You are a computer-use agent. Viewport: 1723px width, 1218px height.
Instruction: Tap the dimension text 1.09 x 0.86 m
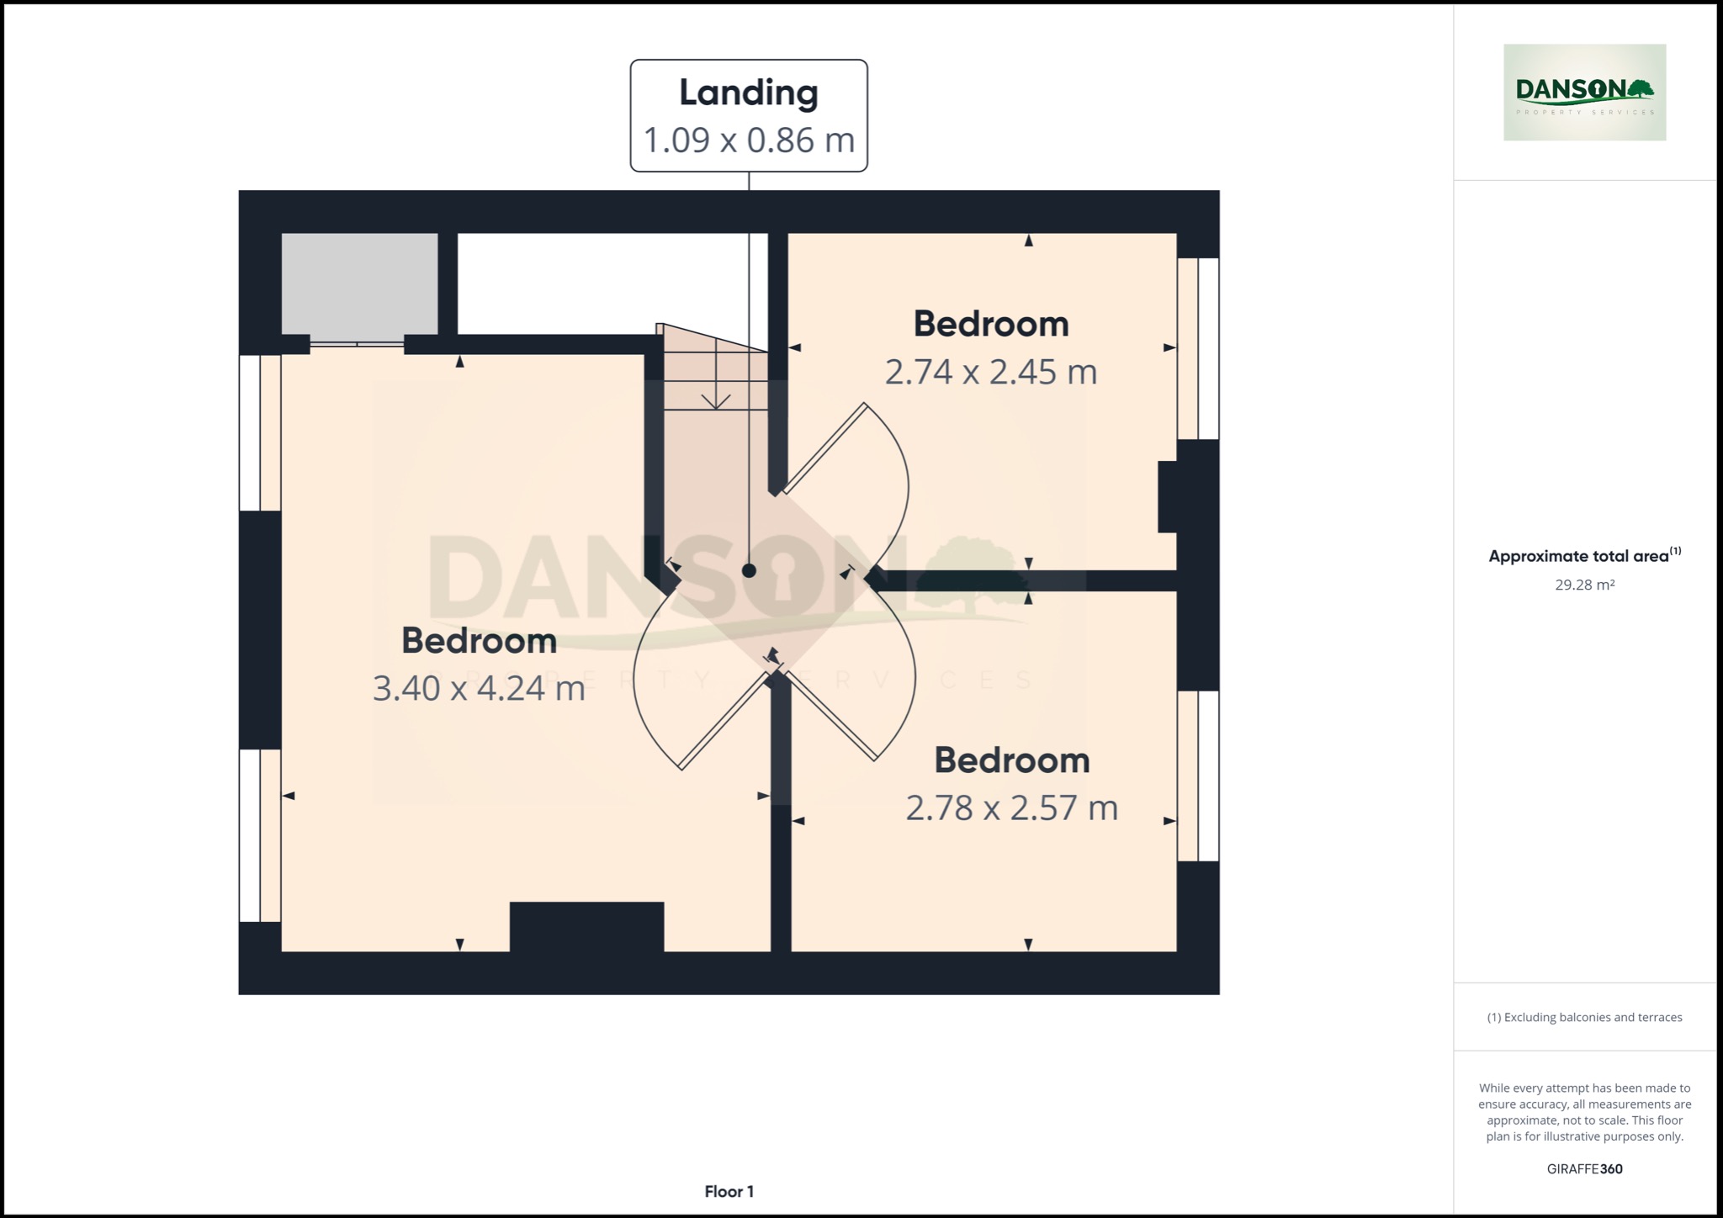pyautogui.click(x=748, y=140)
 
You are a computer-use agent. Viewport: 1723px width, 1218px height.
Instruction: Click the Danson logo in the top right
pyautogui.click(x=1583, y=92)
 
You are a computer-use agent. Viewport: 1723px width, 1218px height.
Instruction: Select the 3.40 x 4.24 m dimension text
pyautogui.click(x=479, y=688)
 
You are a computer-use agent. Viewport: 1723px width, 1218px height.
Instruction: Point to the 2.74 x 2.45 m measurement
pyautogui.click(x=990, y=372)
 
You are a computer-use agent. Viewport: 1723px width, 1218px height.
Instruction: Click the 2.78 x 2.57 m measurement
pyautogui.click(x=1011, y=808)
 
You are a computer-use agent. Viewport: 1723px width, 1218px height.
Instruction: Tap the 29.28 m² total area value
pyautogui.click(x=1583, y=585)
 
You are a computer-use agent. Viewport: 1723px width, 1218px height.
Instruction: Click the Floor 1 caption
pyautogui.click(x=729, y=1191)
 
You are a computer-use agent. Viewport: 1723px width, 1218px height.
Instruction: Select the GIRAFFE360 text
pyautogui.click(x=1583, y=1168)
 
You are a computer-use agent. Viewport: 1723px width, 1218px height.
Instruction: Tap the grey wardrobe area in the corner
pyautogui.click(x=359, y=283)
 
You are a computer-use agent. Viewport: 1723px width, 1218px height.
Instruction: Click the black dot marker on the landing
pyautogui.click(x=749, y=570)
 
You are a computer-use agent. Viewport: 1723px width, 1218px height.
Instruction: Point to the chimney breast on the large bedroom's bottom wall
pyautogui.click(x=586, y=926)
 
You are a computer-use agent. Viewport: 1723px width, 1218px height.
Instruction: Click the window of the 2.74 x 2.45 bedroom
pyautogui.click(x=1197, y=348)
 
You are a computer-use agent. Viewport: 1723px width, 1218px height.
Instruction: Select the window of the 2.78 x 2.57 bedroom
pyautogui.click(x=1197, y=776)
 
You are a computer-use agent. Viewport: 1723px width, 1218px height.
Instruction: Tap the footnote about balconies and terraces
pyautogui.click(x=1583, y=1017)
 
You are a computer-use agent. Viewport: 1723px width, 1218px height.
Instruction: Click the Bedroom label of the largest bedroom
pyautogui.click(x=479, y=640)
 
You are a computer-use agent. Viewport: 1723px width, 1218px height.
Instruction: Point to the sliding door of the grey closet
pyautogui.click(x=357, y=343)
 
